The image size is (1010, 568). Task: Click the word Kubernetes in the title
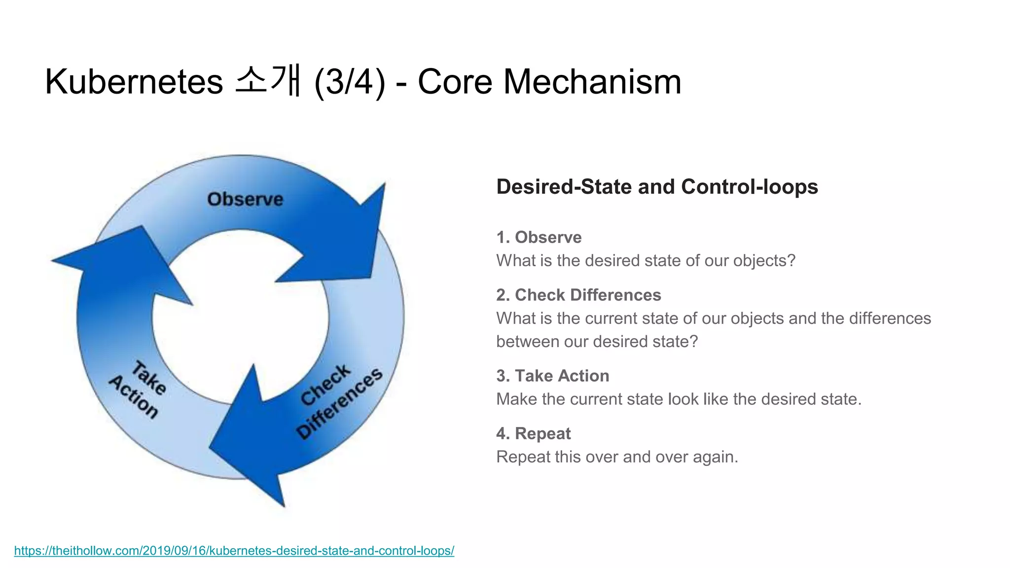click(134, 82)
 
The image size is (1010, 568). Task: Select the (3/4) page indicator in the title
click(349, 82)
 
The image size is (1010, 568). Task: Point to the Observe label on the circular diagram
click(245, 199)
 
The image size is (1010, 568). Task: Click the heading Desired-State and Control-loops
click(657, 187)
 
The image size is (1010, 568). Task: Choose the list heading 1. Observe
click(539, 237)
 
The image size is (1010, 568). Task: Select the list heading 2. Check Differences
click(578, 295)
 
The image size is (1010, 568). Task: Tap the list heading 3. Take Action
click(552, 376)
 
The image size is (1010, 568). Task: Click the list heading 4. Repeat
click(533, 433)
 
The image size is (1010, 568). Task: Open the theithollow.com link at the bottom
click(234, 550)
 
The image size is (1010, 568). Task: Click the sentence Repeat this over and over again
click(617, 457)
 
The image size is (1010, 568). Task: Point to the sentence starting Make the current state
click(679, 399)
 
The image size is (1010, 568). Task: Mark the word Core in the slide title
click(455, 82)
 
